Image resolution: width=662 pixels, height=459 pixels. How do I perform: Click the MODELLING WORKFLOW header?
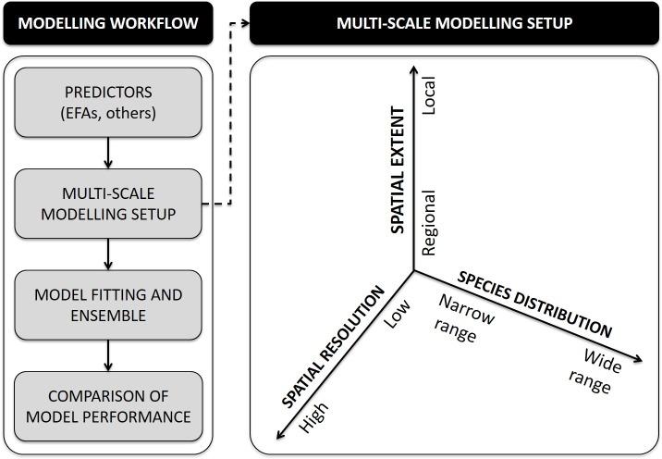click(108, 22)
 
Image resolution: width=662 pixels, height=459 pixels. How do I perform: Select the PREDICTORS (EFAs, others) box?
click(108, 103)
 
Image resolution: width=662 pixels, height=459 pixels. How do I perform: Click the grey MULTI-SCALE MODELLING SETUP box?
click(108, 204)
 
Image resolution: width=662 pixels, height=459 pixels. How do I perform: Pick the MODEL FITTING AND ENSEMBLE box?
click(108, 305)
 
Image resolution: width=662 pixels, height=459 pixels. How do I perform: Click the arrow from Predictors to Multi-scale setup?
click(108, 153)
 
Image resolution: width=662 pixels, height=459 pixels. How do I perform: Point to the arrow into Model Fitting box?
click(108, 254)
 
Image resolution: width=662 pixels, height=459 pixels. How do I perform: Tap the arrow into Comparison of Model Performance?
click(108, 355)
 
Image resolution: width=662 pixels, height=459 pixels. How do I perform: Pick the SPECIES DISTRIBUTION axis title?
click(536, 304)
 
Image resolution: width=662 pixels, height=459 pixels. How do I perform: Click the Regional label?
click(428, 223)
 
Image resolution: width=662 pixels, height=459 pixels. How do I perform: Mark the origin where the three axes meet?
click(414, 271)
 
